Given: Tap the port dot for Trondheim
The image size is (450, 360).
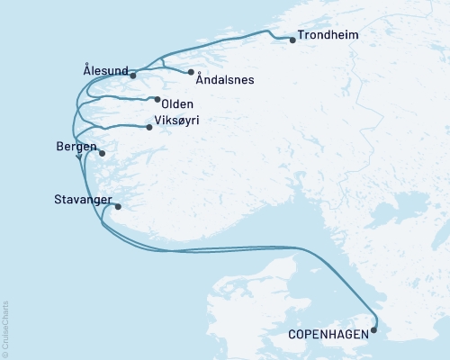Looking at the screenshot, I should coord(292,40).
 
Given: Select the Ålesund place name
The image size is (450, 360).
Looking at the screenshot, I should coord(103,68).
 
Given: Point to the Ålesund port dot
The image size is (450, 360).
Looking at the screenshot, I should coord(132,76).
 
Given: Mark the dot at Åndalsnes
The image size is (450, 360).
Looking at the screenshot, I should coord(191,72).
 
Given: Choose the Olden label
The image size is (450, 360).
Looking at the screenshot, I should coord(177,103).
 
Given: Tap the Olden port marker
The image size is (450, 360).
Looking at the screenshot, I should coord(157,100).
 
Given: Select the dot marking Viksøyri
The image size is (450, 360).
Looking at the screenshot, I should coord(148,127).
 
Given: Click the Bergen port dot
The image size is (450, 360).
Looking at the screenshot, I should coord(102,154).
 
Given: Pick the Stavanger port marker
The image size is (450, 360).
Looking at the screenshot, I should coord(118,206).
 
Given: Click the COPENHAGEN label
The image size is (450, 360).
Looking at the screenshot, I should coord(328,334).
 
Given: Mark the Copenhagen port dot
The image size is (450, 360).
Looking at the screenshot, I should coord(374,330).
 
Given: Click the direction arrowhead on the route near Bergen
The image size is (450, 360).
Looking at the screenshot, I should coord(79,157).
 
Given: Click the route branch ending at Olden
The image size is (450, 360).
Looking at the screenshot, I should coord(126,97).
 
